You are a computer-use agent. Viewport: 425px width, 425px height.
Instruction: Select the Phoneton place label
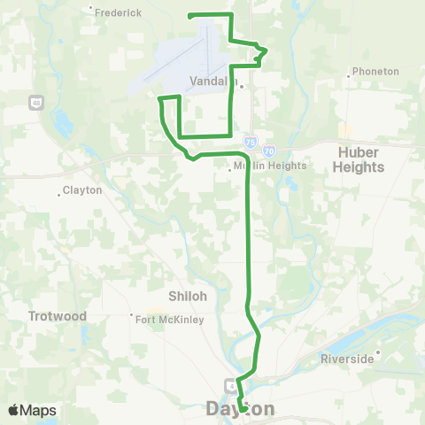375,71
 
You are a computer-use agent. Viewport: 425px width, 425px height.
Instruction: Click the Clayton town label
85,190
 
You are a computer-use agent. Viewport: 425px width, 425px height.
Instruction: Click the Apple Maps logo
32,411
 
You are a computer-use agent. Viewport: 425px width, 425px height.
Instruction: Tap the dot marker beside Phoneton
350,76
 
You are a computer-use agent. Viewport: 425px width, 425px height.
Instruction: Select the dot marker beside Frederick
92,11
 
